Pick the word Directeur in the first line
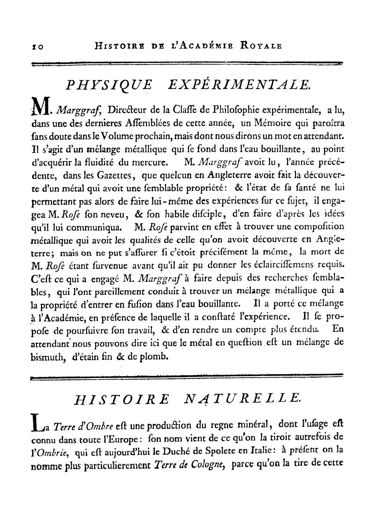click(x=126, y=110)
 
